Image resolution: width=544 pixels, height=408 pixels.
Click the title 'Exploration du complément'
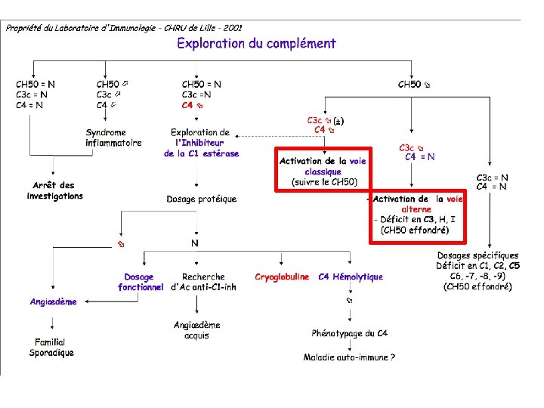click(256, 43)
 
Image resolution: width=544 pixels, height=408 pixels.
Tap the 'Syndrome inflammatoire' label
click(113, 138)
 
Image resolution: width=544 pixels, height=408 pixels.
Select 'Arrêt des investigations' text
click(55, 190)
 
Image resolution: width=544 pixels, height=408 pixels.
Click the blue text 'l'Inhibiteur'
click(199, 143)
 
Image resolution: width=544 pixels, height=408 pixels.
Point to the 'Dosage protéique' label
click(202, 199)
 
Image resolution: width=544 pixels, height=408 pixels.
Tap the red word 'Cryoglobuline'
click(282, 277)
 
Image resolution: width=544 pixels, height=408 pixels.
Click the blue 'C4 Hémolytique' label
click(351, 277)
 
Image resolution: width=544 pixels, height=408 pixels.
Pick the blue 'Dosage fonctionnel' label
click(141, 282)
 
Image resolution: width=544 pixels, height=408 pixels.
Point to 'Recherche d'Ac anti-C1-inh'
click(203, 282)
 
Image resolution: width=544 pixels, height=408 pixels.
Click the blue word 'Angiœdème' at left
click(54, 302)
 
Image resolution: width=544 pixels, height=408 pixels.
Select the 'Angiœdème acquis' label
click(197, 330)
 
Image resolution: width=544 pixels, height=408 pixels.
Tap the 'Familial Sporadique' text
click(51, 348)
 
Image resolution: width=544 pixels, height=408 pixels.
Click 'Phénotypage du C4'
click(350, 333)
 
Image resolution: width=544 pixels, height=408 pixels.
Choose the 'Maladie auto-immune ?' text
click(350, 357)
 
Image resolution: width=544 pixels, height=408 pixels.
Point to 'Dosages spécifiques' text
click(478, 255)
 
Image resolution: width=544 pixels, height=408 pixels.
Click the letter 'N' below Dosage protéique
click(195, 243)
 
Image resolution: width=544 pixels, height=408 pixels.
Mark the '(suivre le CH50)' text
click(324, 182)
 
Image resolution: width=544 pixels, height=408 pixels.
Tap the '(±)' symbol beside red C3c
click(339, 121)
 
